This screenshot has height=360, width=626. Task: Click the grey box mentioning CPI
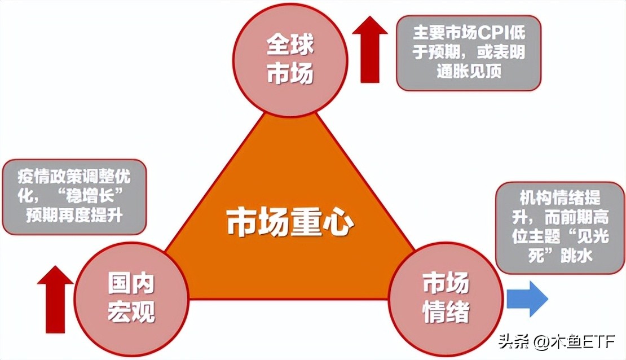click(469, 52)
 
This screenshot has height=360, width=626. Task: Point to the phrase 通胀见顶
click(469, 72)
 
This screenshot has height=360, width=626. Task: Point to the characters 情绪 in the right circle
click(446, 312)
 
